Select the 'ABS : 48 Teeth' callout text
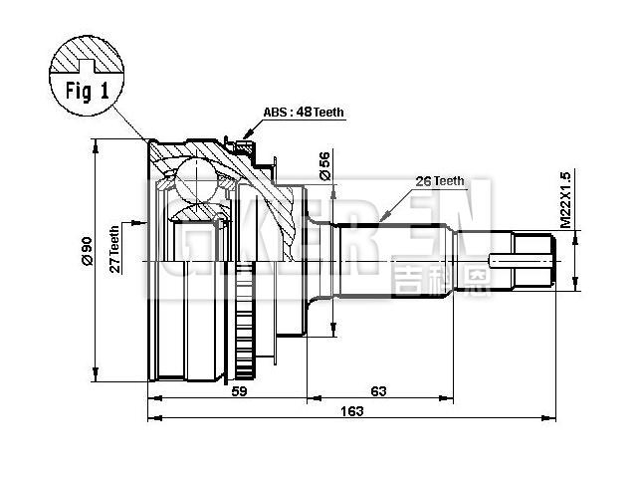(304, 113)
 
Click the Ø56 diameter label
(324, 164)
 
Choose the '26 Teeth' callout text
(438, 181)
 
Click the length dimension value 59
(239, 391)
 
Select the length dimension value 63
(378, 391)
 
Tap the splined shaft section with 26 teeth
(398, 261)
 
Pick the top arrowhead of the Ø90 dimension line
(96, 145)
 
